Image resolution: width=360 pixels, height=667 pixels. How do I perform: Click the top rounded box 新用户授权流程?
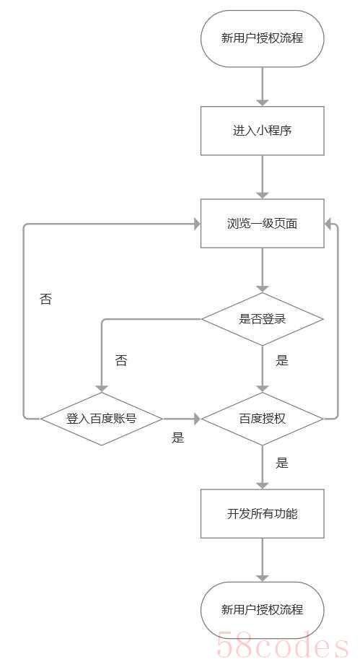[262, 39]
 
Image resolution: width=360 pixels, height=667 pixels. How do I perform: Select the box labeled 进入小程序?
[262, 131]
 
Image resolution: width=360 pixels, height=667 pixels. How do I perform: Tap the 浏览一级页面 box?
[262, 223]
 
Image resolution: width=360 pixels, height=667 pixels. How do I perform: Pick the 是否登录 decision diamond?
[262, 319]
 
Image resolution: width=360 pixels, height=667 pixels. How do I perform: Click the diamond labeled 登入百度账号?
[102, 419]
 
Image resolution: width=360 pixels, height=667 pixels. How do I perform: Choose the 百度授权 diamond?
[262, 419]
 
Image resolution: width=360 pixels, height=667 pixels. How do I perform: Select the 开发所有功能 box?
[262, 513]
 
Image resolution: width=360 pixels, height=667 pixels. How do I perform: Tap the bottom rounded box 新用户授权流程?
[262, 610]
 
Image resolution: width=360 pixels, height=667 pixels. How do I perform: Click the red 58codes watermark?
[283, 646]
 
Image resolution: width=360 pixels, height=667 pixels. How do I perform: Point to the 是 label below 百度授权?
[282, 463]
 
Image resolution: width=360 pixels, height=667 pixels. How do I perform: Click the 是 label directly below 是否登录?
[282, 361]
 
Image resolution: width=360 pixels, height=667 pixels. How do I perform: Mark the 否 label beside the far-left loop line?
[45, 299]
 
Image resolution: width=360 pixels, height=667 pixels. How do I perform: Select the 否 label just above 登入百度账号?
[121, 361]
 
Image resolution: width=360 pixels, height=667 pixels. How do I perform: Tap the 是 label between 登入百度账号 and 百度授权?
[178, 437]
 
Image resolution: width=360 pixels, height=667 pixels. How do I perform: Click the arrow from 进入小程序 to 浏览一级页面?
[263, 177]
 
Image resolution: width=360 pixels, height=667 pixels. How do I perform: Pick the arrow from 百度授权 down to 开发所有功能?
[263, 467]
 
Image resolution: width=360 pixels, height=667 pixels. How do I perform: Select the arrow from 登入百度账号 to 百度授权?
[182, 419]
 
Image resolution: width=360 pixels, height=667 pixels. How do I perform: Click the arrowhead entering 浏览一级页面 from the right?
[328, 224]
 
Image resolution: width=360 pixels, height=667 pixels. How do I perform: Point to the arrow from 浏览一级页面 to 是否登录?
[263, 270]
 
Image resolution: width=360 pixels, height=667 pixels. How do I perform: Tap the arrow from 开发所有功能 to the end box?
[263, 560]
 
